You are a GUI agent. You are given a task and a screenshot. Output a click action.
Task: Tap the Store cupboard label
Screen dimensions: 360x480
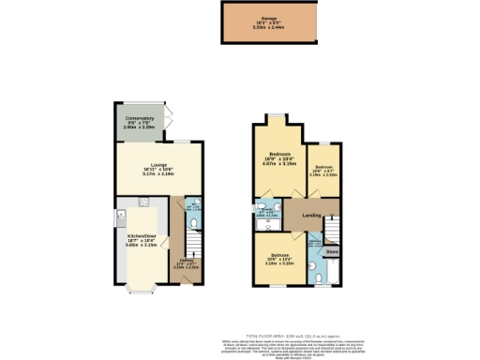(x=331, y=252)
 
